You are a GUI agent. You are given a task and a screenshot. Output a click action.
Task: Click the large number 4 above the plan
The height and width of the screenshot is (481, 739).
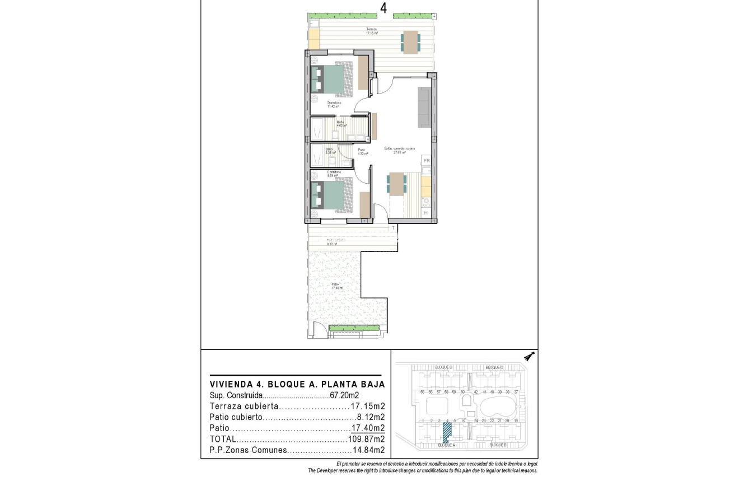pyautogui.click(x=383, y=7)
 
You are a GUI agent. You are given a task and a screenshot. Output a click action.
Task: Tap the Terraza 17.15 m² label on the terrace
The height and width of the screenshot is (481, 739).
pyautogui.click(x=372, y=31)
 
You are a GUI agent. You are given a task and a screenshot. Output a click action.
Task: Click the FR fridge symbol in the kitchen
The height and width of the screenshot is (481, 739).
pyautogui.click(x=426, y=161)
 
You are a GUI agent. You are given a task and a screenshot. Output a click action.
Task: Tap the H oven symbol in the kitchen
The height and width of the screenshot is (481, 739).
pyautogui.click(x=425, y=213)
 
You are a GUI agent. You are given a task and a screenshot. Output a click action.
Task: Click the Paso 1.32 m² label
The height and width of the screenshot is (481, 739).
pyautogui.click(x=362, y=151)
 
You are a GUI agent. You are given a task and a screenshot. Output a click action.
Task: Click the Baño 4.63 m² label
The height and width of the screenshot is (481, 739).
pyautogui.click(x=341, y=124)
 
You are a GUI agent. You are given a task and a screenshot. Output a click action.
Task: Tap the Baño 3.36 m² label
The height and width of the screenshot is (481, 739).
pyautogui.click(x=330, y=151)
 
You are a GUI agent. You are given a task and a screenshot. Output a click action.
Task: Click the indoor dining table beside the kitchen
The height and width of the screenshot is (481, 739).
pyautogui.click(x=397, y=184)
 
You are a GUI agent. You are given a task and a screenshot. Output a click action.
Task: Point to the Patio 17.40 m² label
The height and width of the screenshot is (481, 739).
pyautogui.click(x=336, y=286)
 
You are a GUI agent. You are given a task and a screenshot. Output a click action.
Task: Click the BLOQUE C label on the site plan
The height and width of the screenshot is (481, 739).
pyautogui.click(x=495, y=367)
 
